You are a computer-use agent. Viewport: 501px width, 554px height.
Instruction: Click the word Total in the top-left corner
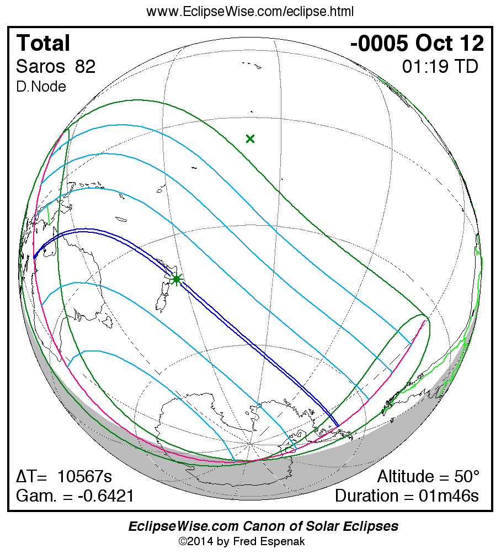click(44, 43)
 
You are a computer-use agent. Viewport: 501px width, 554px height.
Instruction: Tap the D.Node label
click(41, 87)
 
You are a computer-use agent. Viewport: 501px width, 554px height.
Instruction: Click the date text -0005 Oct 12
click(417, 43)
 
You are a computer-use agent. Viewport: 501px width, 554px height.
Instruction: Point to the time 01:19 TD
click(440, 67)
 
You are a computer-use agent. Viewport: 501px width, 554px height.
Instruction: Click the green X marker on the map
click(250, 138)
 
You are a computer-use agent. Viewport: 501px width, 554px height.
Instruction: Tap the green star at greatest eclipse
click(177, 279)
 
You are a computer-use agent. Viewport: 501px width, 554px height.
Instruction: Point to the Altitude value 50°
click(465, 477)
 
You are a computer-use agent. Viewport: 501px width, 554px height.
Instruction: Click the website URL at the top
click(250, 12)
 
